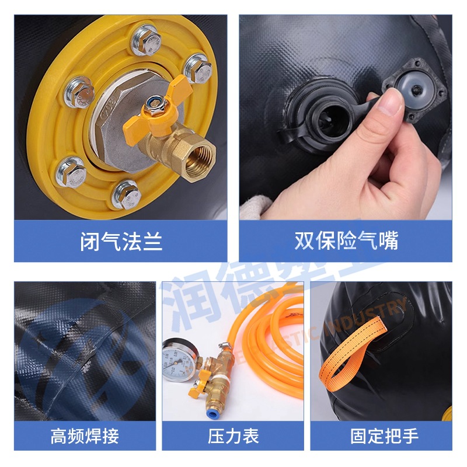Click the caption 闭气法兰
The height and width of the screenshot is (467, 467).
(121, 241)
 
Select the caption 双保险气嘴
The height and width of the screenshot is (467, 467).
(346, 241)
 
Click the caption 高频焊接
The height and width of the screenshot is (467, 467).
(85, 435)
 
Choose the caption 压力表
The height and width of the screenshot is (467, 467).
(233, 435)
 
